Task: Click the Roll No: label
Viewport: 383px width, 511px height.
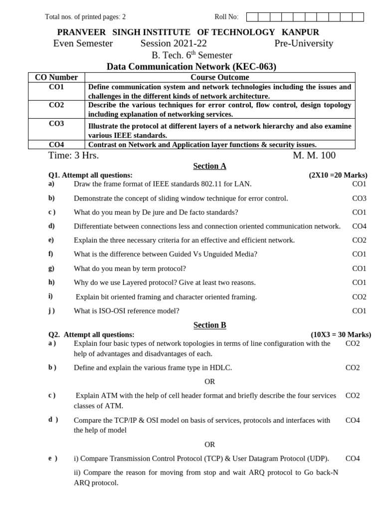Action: click(226, 17)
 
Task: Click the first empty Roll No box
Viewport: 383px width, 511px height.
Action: click(252, 17)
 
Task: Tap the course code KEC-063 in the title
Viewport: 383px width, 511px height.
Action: click(254, 66)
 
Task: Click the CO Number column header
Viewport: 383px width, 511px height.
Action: click(56, 77)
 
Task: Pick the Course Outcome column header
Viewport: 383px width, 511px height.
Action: click(219, 77)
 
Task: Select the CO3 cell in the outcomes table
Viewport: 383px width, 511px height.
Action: click(56, 123)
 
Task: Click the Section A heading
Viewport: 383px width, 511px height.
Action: click(209, 166)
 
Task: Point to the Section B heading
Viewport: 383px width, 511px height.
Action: click(209, 325)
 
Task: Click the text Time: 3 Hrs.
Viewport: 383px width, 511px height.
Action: click(73, 155)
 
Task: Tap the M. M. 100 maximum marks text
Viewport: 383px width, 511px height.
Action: click(314, 155)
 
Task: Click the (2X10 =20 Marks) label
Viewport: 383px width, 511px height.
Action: click(338, 175)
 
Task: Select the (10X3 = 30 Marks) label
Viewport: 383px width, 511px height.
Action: click(341, 334)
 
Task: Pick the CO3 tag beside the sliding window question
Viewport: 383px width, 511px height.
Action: click(359, 198)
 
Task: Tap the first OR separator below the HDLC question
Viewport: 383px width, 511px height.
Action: click(209, 382)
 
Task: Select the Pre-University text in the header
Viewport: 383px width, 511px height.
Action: click(304, 43)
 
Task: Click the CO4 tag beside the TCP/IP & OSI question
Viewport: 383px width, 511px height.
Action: click(353, 420)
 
